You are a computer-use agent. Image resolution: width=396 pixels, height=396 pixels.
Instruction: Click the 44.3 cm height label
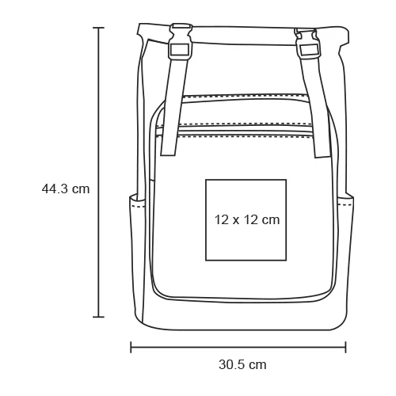(66, 188)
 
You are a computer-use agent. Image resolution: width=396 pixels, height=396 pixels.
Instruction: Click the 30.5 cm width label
(242, 365)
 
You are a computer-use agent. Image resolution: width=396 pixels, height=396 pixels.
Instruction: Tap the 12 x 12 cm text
(247, 219)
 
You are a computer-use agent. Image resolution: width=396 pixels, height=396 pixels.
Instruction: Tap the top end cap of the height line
(99, 29)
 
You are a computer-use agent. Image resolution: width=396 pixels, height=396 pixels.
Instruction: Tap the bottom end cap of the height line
(99, 317)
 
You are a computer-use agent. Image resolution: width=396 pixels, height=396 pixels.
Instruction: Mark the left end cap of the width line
(131, 346)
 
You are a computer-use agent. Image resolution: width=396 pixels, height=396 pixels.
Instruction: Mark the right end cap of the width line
(346, 346)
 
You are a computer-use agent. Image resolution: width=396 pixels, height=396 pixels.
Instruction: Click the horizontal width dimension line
(238, 346)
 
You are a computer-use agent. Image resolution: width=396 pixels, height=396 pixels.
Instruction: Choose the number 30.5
(231, 365)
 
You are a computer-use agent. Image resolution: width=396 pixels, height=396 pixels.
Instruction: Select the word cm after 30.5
(257, 365)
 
